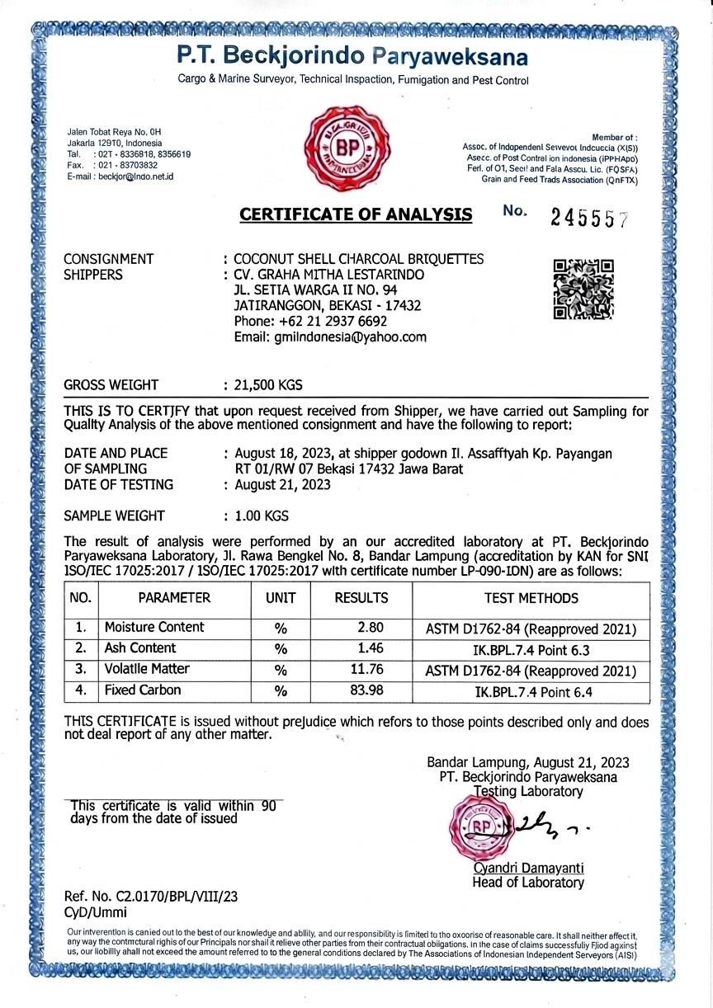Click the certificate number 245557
[x=589, y=219]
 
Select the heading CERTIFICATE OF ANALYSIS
[x=356, y=215]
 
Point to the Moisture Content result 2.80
[x=368, y=628]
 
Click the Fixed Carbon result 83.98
[x=366, y=690]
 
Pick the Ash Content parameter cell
[x=140, y=648]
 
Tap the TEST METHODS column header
[x=531, y=598]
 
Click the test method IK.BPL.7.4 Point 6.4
[x=531, y=691]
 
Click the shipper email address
[x=330, y=337]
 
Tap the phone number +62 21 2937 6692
[x=311, y=321]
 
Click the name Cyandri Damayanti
[x=528, y=868]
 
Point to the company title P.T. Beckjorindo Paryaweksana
[x=352, y=57]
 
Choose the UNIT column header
[x=281, y=598]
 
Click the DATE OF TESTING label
[x=119, y=485]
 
